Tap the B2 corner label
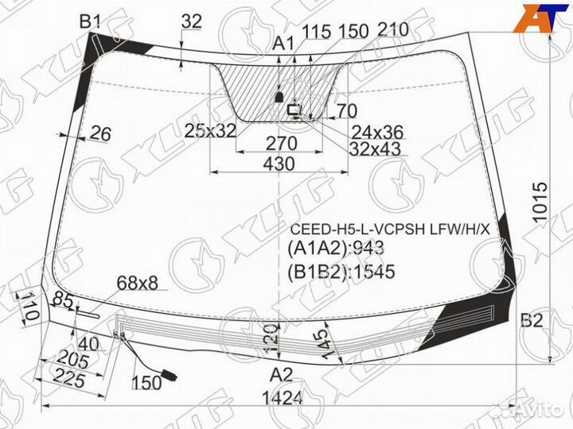531,321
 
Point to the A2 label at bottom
281,374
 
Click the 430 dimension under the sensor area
279,164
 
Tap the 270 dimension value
281,144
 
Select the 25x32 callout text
210,130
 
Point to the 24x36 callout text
377,131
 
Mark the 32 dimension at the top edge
191,22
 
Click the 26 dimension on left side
99,133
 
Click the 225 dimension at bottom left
71,381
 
